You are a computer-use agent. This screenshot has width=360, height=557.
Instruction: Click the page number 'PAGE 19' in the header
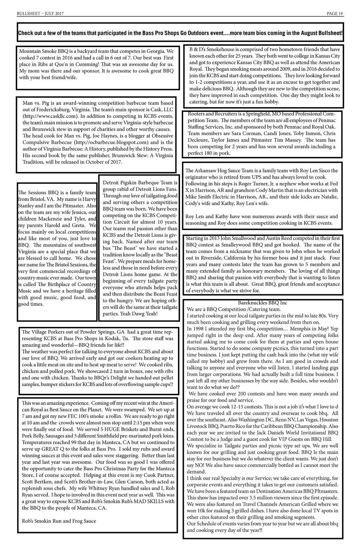(335, 14)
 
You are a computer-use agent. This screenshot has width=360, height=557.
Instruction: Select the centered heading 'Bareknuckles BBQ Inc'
(262, 303)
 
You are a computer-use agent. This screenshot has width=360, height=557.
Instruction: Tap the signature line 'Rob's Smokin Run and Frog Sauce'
(59, 521)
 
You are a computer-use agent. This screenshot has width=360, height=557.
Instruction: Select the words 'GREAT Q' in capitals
(54, 449)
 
